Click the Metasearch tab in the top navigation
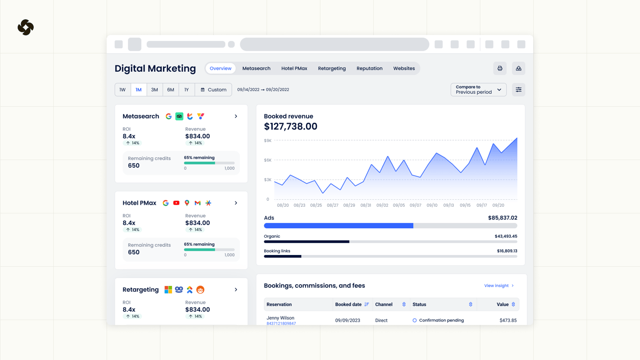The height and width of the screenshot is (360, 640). (x=256, y=68)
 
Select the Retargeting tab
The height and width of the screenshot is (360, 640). (x=332, y=68)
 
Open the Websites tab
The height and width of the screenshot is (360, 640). (x=404, y=68)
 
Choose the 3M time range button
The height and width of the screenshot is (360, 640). (x=155, y=90)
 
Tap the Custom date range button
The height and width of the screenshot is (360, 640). (x=213, y=90)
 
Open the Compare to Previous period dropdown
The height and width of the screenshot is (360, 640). (x=478, y=90)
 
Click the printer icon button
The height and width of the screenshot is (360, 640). (x=500, y=68)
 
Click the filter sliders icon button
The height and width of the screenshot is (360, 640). (x=519, y=90)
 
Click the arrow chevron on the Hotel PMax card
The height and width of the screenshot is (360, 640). (x=236, y=203)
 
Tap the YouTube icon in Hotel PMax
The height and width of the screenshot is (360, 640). (x=176, y=203)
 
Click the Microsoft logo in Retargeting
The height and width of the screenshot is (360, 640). (x=168, y=290)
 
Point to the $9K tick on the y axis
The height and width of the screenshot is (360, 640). (x=268, y=141)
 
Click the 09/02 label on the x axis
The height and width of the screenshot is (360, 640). (x=382, y=205)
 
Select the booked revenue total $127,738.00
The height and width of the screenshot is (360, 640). (x=290, y=127)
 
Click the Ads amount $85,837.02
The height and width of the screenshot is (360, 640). (x=502, y=218)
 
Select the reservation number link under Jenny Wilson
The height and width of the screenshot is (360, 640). (x=281, y=323)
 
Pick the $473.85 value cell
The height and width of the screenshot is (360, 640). (x=508, y=321)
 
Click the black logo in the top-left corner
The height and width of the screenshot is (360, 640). (x=26, y=28)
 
